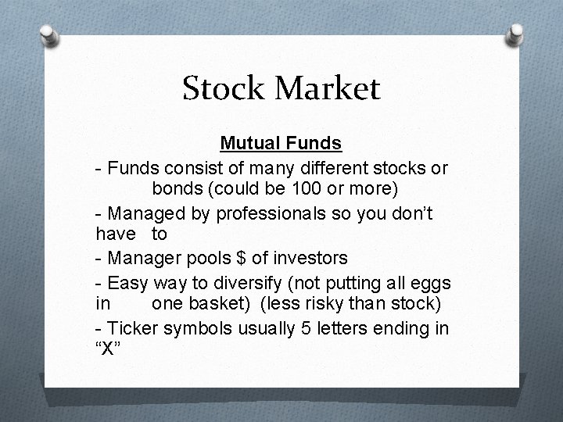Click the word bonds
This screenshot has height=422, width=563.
177,190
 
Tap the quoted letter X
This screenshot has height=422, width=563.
110,349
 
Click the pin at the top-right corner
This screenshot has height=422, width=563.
516,33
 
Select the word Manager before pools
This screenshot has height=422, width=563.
145,257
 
